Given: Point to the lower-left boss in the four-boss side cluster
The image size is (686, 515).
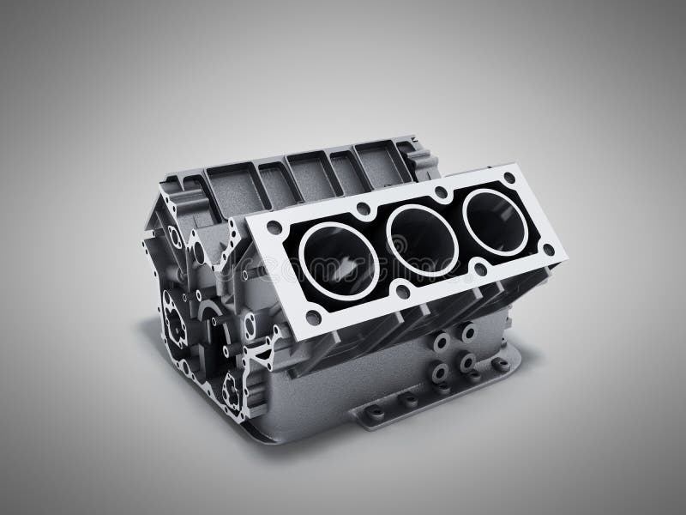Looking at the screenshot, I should pyautogui.click(x=440, y=371).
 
